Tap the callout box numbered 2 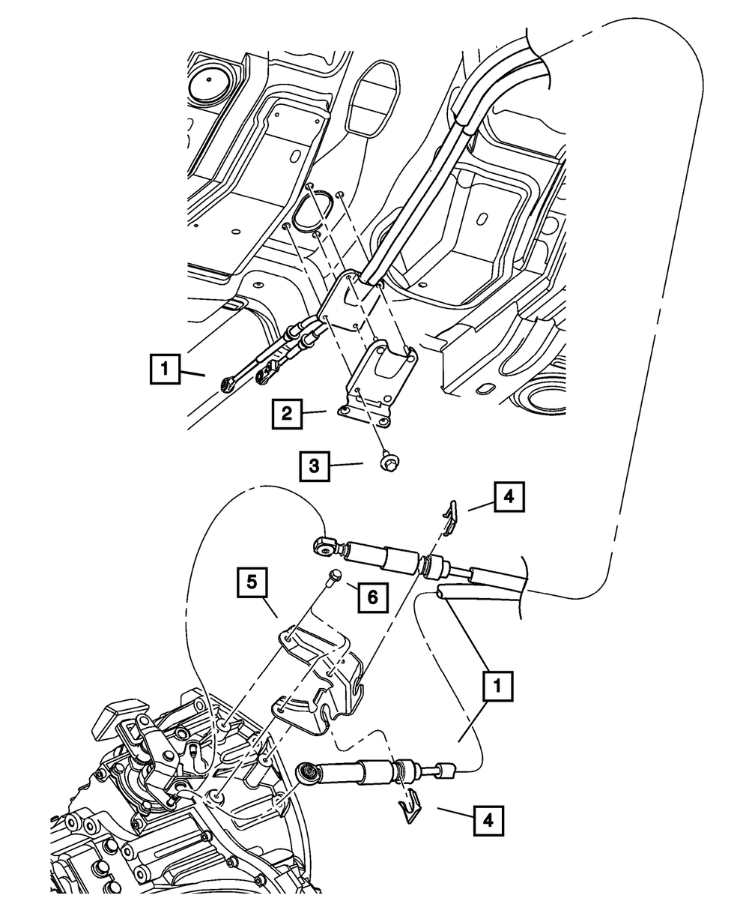pos(287,413)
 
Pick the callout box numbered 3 pos(315,465)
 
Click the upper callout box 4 pos(508,496)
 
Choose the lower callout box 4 pos(488,820)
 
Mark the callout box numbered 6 pos(372,597)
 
